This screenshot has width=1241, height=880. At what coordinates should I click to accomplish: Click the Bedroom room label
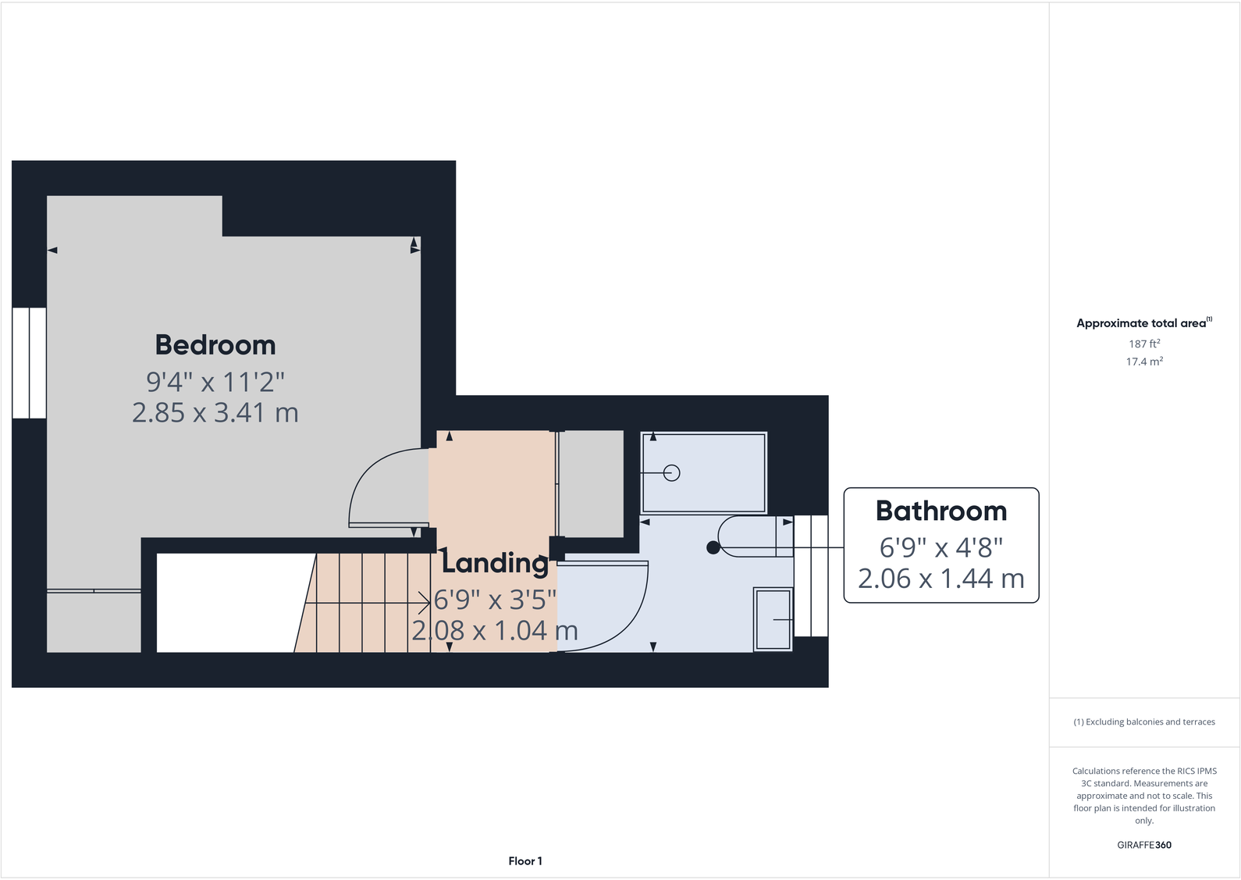(x=215, y=344)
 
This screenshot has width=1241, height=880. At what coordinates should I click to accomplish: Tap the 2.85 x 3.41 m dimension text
(x=215, y=412)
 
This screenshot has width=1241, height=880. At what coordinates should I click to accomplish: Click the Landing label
(x=496, y=562)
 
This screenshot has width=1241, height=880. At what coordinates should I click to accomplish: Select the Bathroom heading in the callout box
(x=941, y=511)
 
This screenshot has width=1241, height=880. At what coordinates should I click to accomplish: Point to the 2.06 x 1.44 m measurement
(x=941, y=579)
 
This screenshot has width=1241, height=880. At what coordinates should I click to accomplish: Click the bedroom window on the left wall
(x=29, y=362)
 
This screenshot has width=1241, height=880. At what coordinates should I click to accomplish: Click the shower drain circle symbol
(x=671, y=472)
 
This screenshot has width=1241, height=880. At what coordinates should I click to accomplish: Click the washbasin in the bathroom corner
(x=773, y=619)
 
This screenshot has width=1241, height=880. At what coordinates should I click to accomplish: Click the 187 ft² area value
(x=1143, y=344)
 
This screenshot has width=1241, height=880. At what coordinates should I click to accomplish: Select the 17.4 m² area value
(x=1143, y=362)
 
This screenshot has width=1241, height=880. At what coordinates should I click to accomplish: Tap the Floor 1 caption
(x=524, y=860)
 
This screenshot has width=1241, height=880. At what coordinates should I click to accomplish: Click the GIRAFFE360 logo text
(x=1143, y=845)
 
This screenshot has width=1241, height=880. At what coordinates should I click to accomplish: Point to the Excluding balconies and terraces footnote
(x=1143, y=721)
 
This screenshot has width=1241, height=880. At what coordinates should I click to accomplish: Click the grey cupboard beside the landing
(x=592, y=483)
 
